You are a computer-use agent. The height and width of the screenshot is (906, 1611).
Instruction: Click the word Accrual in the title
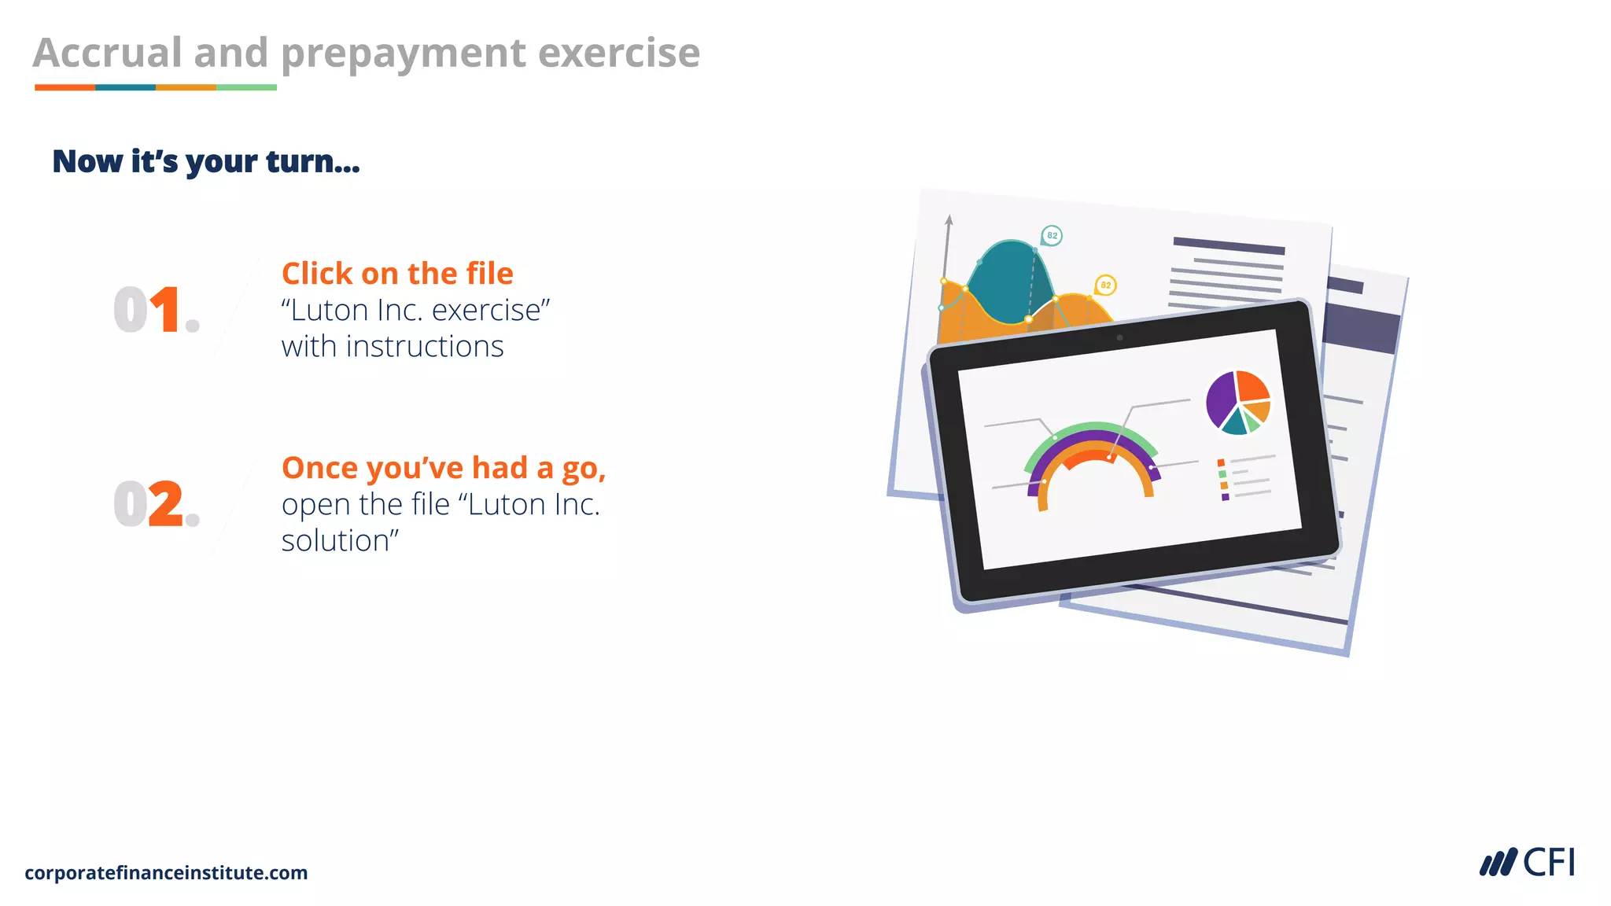tap(108, 53)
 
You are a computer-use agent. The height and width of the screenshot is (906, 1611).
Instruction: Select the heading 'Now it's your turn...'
tap(206, 161)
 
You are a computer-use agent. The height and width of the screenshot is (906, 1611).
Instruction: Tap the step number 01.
tap(156, 310)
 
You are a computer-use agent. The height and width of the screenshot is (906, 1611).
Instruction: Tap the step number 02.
tap(156, 504)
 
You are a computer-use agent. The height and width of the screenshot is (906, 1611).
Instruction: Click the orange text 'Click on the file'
tap(397, 274)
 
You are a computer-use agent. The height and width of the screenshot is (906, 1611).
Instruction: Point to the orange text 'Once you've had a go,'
tap(444, 468)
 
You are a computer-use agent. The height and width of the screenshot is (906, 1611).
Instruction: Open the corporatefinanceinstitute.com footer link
tap(166, 872)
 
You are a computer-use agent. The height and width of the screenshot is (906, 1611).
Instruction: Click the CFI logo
tap(1527, 863)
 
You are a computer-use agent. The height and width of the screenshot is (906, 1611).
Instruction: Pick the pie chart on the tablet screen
tap(1238, 402)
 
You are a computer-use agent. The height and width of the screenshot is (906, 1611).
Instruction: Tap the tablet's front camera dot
tap(1119, 338)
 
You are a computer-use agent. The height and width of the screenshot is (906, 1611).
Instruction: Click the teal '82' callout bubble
tap(1052, 235)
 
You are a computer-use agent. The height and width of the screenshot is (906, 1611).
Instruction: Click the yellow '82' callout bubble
tap(1105, 285)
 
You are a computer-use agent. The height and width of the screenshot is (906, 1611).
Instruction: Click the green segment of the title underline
tap(246, 87)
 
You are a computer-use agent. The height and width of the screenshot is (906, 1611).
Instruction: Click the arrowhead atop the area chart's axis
tap(949, 219)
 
